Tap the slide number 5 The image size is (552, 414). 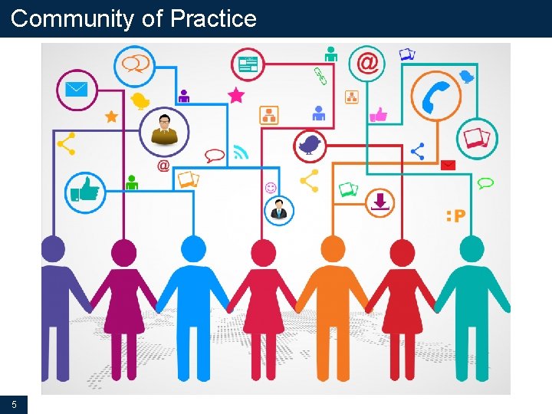14,404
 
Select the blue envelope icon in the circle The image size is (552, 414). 76,89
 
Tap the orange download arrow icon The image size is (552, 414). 380,202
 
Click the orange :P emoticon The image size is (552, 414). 455,216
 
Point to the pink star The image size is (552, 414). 236,96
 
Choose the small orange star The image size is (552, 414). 111,117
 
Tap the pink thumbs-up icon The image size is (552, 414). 378,115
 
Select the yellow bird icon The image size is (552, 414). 140,100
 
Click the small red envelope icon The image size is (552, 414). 448,165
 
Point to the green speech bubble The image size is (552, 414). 485,183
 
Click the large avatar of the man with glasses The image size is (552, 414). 164,130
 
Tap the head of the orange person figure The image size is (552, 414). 333,249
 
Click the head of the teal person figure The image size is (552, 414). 472,249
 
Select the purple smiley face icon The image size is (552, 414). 271,187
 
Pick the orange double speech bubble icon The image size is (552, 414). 136,63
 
